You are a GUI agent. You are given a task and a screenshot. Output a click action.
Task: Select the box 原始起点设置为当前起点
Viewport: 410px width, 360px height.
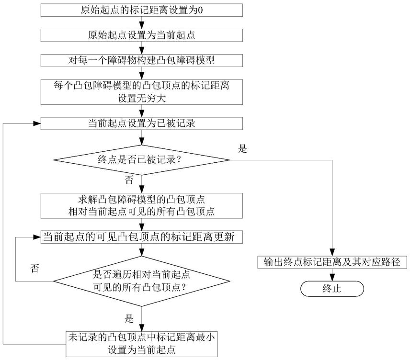point(141,35)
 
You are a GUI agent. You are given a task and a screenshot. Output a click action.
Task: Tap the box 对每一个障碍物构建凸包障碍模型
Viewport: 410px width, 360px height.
point(141,61)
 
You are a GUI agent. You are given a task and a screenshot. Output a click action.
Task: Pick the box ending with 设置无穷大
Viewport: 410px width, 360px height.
point(141,91)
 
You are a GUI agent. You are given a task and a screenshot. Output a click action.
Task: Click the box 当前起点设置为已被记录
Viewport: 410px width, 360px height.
point(141,123)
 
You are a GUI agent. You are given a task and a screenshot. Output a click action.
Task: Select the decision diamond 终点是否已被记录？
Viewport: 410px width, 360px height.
point(141,159)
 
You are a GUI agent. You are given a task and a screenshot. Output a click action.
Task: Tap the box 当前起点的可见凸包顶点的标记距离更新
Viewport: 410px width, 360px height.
point(141,237)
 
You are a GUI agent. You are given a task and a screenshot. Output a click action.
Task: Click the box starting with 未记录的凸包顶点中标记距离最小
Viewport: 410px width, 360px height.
point(141,343)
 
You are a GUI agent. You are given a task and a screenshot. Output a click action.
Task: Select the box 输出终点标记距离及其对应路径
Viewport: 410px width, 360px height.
point(332,262)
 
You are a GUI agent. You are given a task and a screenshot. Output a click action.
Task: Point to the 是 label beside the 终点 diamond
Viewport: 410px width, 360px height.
point(242,149)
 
